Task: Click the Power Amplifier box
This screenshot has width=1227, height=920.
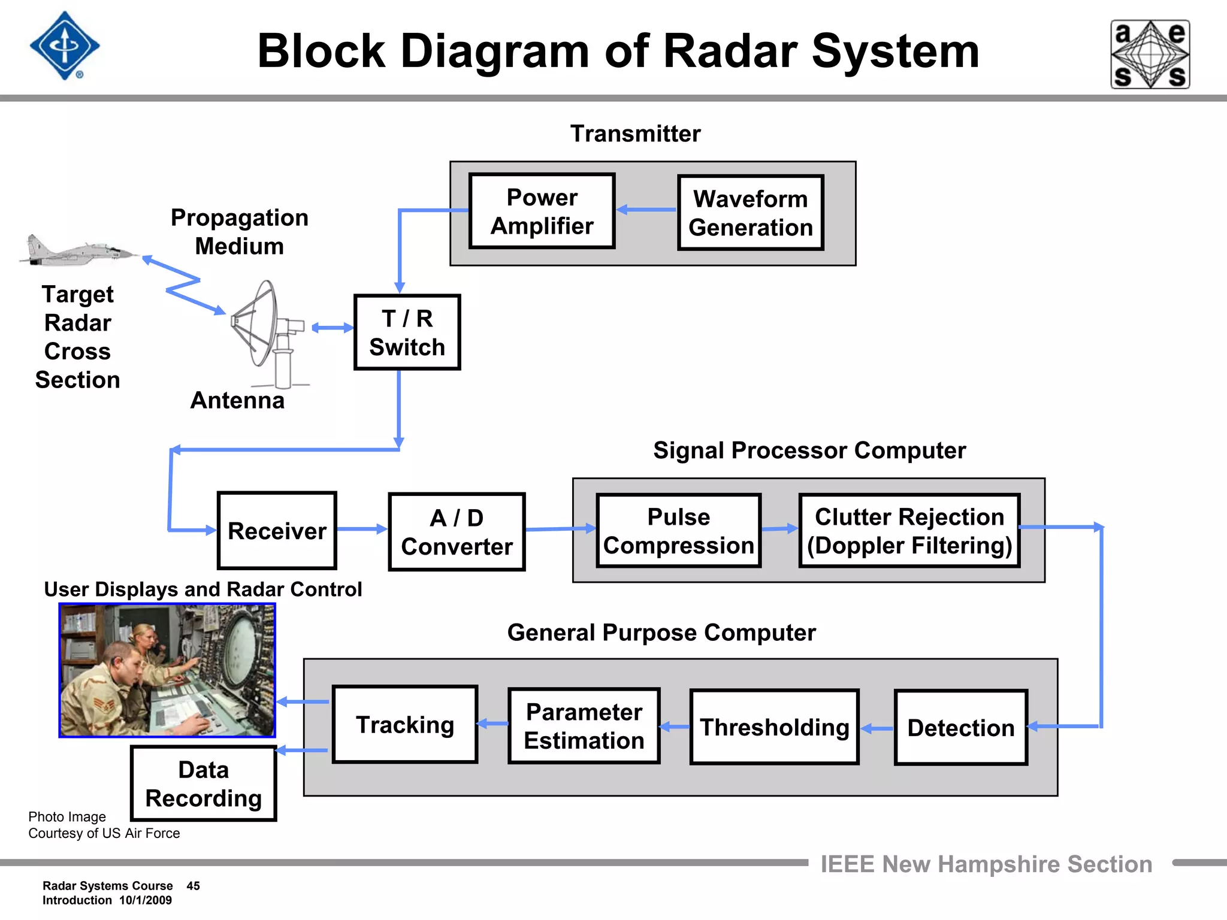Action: [542, 211]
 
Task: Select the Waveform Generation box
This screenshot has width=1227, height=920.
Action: [750, 213]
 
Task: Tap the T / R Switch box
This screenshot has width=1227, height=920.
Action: [407, 332]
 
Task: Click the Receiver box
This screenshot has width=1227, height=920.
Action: [277, 531]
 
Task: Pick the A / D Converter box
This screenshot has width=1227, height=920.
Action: [457, 532]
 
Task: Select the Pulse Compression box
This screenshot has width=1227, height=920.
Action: [678, 531]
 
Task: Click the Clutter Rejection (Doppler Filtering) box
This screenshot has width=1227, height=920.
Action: [909, 531]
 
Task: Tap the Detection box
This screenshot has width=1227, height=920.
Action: [960, 727]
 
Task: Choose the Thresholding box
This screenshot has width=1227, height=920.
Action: [774, 727]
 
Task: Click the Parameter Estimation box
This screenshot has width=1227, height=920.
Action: [584, 726]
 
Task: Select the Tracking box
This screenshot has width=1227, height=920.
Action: [405, 724]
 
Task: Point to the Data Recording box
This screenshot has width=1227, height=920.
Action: [204, 783]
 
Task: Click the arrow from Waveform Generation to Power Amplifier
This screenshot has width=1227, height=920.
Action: [646, 210]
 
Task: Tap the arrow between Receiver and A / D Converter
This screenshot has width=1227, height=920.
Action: [362, 529]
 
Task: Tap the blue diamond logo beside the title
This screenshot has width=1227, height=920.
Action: [65, 46]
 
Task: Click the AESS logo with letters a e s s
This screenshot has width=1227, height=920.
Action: [1150, 55]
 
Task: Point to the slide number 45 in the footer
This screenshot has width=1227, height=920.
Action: [193, 886]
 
